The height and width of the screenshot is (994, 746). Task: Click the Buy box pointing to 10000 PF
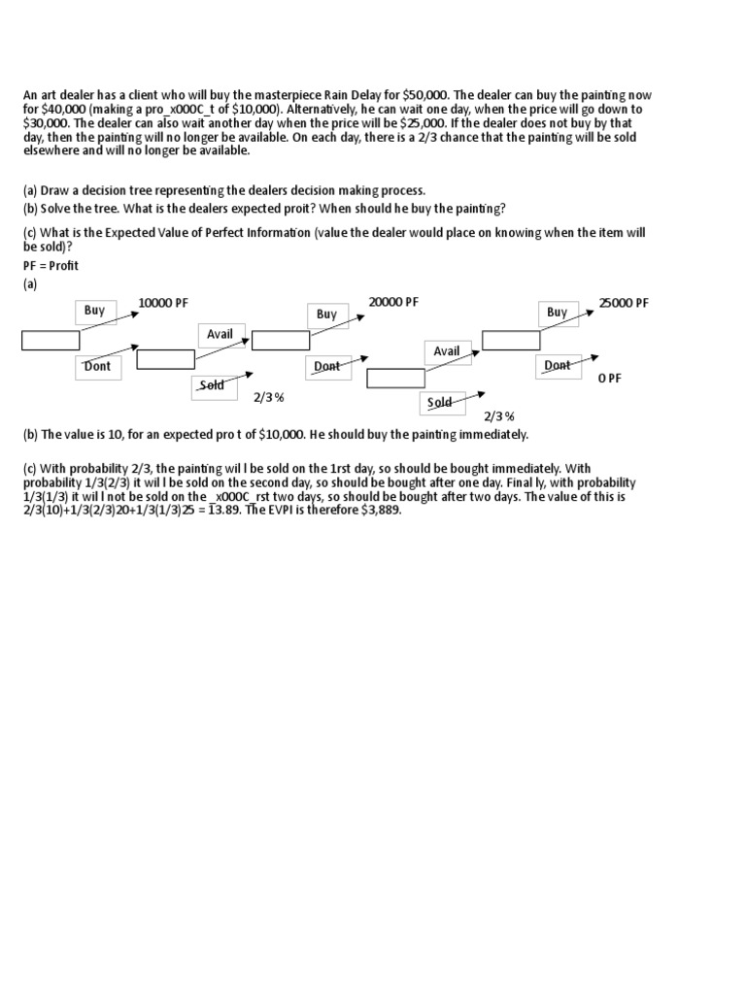coord(94,312)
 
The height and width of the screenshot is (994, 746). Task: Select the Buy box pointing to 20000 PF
coord(326,315)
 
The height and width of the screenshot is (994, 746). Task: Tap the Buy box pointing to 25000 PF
coord(557,313)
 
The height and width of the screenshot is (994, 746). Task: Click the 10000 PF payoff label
coord(162,304)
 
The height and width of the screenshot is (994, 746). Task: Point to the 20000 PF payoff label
coord(393,303)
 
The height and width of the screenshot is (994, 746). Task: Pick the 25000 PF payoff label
coord(624,304)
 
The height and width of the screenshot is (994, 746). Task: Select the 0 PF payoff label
coord(609,379)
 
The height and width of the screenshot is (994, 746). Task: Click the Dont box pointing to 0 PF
coord(558,366)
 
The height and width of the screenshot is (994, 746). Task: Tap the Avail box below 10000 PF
coord(220,335)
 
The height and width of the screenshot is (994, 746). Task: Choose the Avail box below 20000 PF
coord(447,351)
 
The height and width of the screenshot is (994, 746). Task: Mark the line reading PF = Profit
coord(51,266)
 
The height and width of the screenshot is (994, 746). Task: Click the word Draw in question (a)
coord(56,190)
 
